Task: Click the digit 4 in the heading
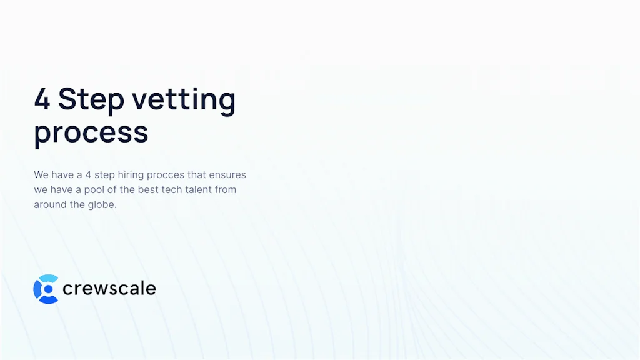(x=42, y=99)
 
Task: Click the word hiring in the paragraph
(x=131, y=174)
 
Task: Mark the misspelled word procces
(x=166, y=175)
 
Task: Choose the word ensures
(x=227, y=174)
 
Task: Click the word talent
(x=199, y=189)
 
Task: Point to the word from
(x=226, y=189)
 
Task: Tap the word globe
(x=102, y=204)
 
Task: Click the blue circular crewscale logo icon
(x=46, y=289)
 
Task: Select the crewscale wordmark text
(x=109, y=289)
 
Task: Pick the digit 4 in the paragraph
(x=88, y=174)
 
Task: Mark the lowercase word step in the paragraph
(x=104, y=175)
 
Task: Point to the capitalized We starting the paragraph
(x=41, y=174)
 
